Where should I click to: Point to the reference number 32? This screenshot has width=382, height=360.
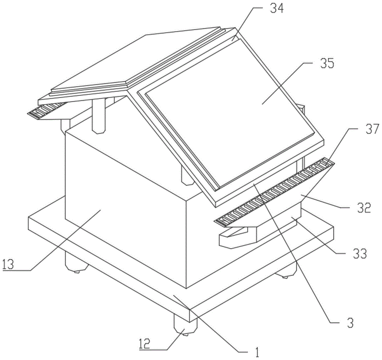[363, 208]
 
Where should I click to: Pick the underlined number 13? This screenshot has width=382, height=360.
[9, 264]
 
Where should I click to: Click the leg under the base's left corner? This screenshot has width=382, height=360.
[74, 263]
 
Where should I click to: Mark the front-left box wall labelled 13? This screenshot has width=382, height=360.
[122, 199]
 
